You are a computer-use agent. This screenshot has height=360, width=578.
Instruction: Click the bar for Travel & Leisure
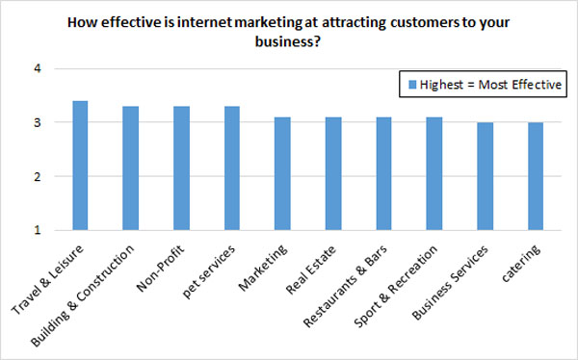click(x=80, y=166)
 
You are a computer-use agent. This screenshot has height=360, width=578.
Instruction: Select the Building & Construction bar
click(x=130, y=168)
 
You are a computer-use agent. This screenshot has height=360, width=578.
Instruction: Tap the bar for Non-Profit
click(x=181, y=168)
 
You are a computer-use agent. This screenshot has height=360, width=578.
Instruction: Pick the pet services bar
click(x=231, y=168)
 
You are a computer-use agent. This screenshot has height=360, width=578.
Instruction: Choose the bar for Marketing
click(x=281, y=174)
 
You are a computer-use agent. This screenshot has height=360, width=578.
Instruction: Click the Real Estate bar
click(x=332, y=174)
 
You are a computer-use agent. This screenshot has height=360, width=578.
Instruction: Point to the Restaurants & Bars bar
click(x=382, y=174)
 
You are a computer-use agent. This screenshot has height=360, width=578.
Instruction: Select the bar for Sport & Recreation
click(x=433, y=174)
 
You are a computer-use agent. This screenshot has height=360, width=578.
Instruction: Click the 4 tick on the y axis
click(x=38, y=69)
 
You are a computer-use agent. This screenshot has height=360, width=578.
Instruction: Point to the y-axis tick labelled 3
click(x=38, y=123)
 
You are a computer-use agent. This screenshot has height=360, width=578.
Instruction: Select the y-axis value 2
click(x=38, y=177)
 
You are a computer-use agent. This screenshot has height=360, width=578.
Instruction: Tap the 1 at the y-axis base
click(x=38, y=231)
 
